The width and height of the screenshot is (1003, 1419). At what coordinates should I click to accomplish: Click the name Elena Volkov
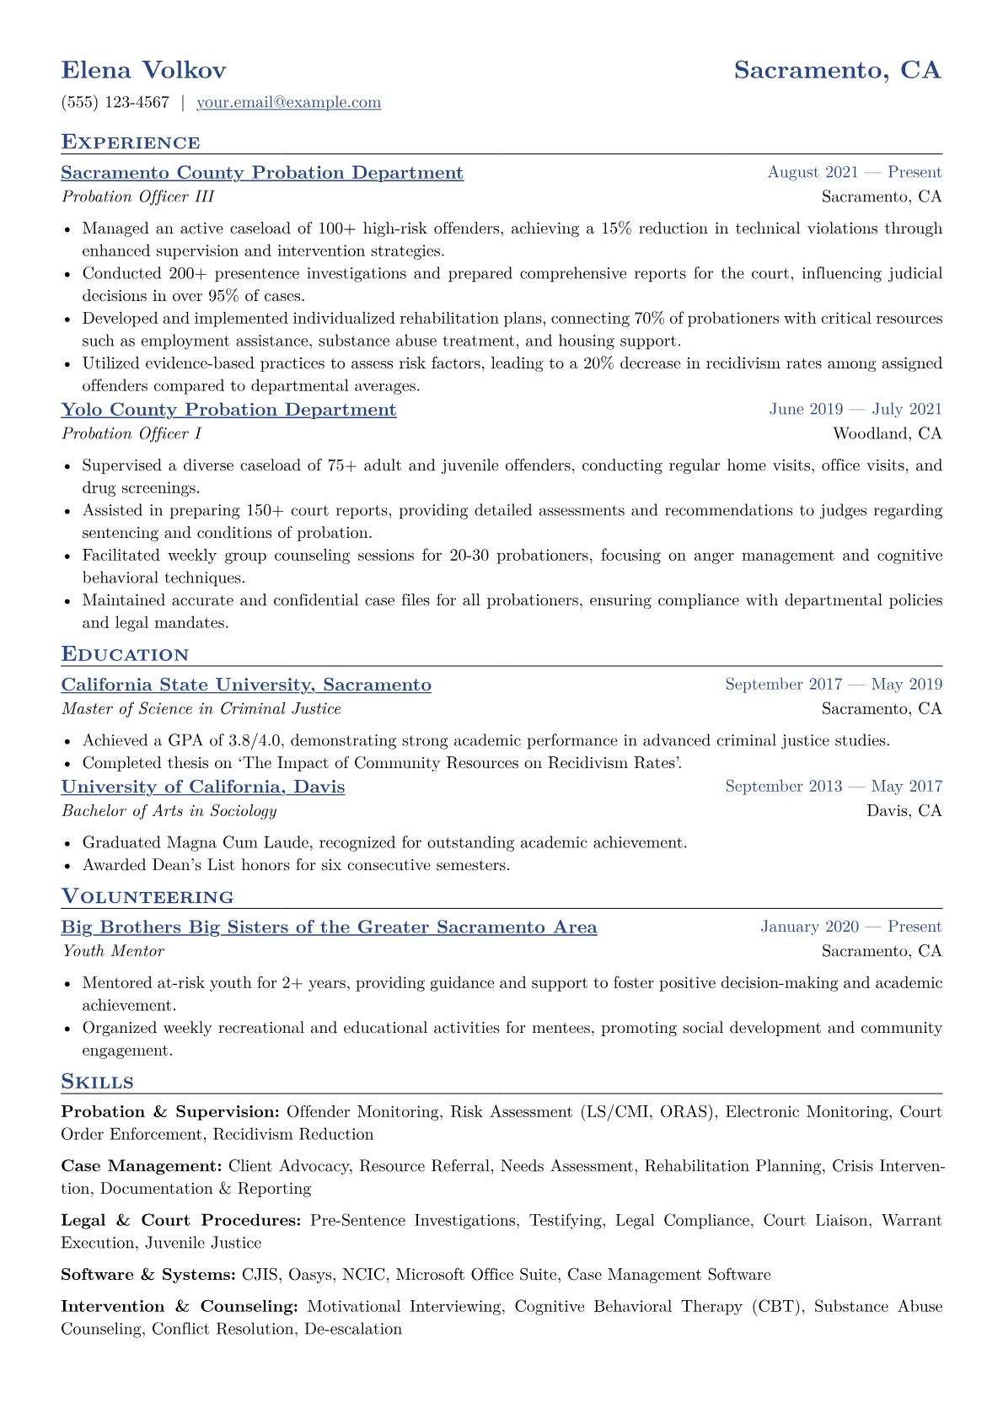coord(143,70)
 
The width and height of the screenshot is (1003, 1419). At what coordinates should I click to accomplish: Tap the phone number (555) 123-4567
coord(115,103)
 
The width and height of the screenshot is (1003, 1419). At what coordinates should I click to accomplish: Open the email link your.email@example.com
coord(288,103)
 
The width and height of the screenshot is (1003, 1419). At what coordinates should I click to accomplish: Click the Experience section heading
coord(131,142)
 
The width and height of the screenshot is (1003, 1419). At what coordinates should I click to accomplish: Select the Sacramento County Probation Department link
coord(262,173)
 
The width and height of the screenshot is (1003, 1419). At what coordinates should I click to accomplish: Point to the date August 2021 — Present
coord(854,173)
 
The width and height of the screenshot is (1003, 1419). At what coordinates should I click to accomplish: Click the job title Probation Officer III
coord(137,196)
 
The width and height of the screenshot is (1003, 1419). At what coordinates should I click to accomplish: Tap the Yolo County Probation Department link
coord(228,410)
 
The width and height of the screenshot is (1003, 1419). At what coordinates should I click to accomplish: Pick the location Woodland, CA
coord(887,433)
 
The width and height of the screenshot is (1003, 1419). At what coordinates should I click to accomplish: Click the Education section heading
coord(125,655)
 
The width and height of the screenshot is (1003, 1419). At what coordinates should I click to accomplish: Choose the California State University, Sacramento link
coord(246,685)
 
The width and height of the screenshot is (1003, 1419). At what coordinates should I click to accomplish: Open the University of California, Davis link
coord(203,787)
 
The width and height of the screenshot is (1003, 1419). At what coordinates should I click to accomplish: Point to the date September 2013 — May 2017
coord(833,787)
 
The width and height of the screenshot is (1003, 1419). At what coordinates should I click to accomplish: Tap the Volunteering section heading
coord(147,897)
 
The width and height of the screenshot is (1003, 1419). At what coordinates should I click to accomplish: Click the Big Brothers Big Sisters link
coord(329,927)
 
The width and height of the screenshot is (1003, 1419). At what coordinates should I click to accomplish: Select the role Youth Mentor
coord(113,951)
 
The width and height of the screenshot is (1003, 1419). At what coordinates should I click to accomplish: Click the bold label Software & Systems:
coord(147,1275)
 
